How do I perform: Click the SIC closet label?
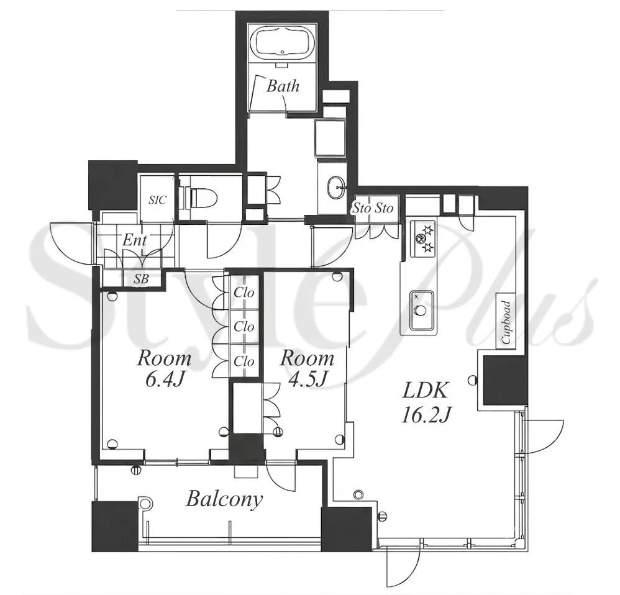pos(157,199)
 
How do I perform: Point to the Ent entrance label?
pos(134,240)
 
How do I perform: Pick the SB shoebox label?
pos(141,279)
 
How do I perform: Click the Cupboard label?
pos(506,322)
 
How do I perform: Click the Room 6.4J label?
pos(164,369)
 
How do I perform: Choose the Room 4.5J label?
pos(308,369)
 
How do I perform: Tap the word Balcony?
pos(224,499)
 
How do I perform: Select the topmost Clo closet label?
pos(244,293)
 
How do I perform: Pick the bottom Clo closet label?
pos(244,361)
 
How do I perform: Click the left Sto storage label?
pos(361,208)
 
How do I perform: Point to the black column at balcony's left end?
pos(115,526)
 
